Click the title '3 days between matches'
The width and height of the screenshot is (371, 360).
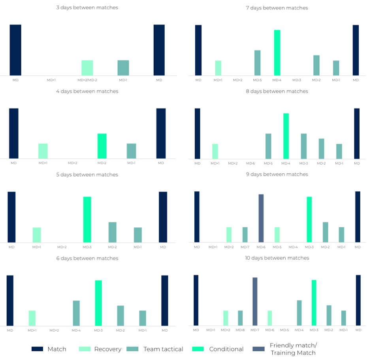click(87, 7)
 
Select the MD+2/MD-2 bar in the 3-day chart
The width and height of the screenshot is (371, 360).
click(87, 68)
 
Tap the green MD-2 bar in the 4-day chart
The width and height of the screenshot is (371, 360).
click(102, 146)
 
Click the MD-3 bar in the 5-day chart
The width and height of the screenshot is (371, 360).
click(87, 219)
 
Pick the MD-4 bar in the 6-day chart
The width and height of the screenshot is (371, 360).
click(76, 313)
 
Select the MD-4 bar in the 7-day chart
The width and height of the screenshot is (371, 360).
click(277, 52)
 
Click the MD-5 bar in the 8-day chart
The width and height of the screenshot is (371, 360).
click(268, 146)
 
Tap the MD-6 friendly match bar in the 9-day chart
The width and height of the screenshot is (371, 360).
click(261, 218)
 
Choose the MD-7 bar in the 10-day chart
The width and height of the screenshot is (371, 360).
click(255, 302)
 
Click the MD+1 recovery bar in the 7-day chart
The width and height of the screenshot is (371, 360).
click(218, 68)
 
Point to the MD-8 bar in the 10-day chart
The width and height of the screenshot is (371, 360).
click(240, 318)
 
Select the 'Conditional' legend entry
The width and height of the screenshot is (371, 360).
click(226, 349)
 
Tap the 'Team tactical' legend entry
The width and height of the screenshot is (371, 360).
click(163, 349)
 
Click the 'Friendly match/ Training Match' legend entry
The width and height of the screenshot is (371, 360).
click(293, 349)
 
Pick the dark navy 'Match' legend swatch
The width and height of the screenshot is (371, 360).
click(37, 349)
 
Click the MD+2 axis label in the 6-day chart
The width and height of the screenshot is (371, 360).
click(54, 330)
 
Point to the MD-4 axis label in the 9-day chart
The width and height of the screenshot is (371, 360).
click(293, 247)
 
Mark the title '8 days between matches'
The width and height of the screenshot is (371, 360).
click(277, 91)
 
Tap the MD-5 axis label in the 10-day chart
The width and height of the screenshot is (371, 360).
click(284, 330)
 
